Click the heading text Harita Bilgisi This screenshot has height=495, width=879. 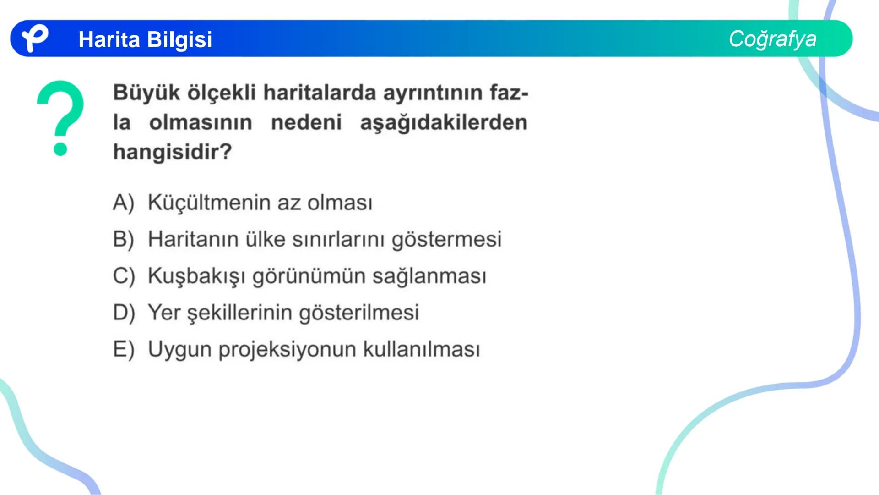145,39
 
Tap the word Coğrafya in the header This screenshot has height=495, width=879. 772,39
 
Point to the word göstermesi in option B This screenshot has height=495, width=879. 446,240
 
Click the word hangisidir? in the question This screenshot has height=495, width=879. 173,152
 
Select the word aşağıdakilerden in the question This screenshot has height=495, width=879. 444,123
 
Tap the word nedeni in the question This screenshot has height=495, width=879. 306,122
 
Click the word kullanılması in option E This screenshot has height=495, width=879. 422,349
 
